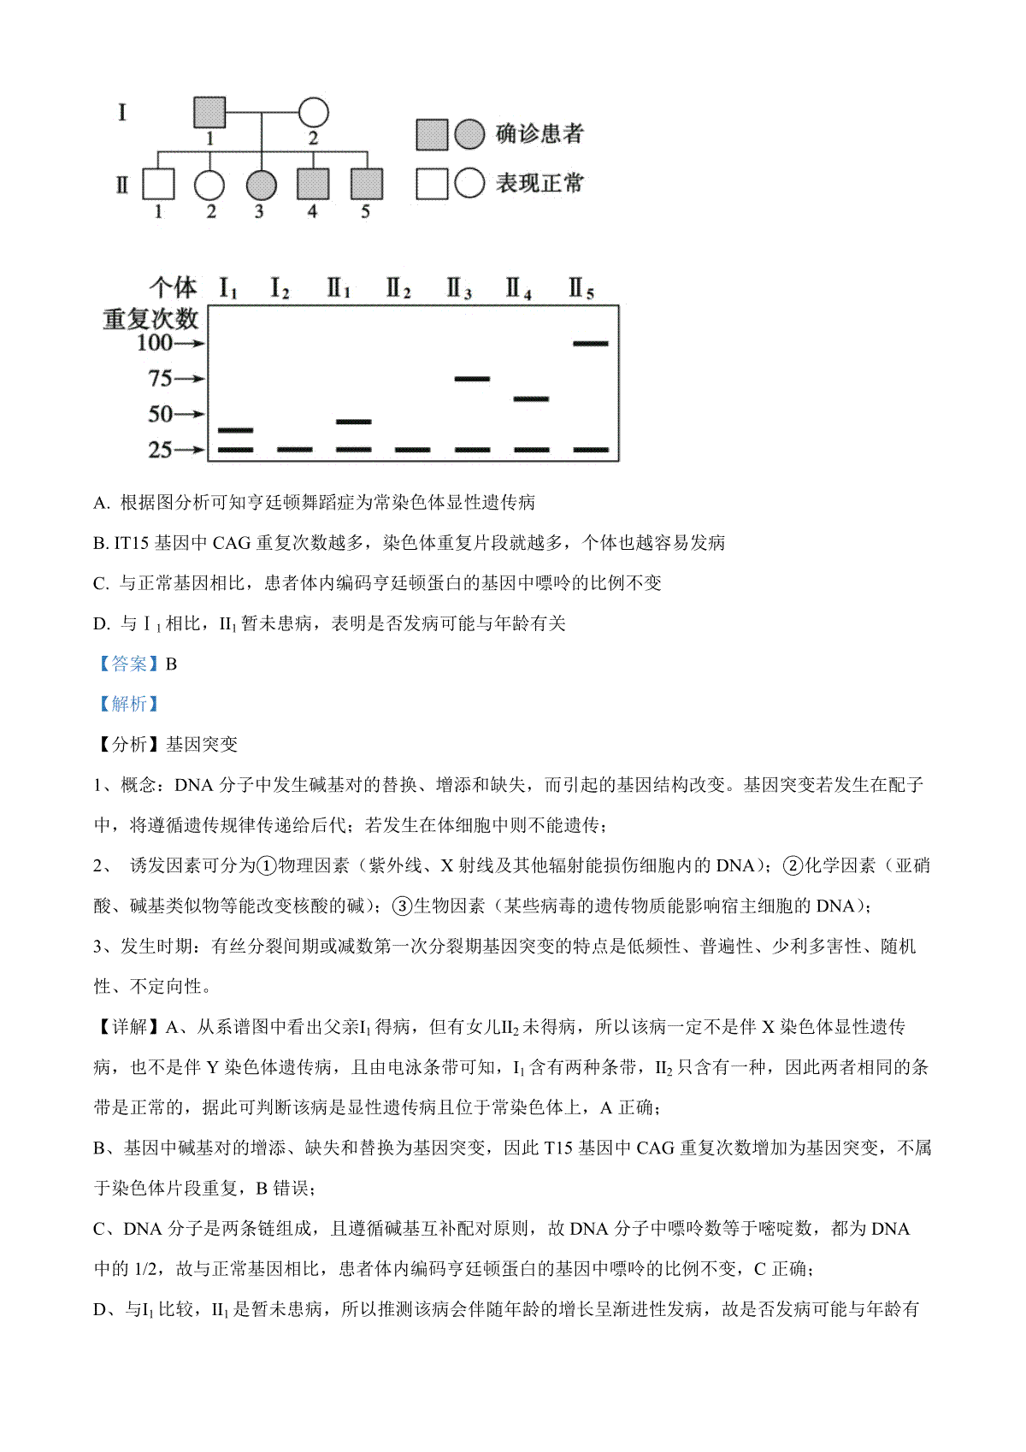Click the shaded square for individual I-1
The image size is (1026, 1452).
[209, 112]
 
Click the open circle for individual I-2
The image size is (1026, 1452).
[313, 112]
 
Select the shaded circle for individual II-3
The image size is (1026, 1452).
[261, 184]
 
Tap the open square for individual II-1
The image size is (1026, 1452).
[158, 184]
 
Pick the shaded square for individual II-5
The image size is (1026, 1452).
[367, 184]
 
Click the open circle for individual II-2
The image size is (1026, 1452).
[209, 184]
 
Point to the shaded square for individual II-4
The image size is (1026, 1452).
[313, 184]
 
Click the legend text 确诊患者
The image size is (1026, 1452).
[540, 134]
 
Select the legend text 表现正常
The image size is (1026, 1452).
[540, 183]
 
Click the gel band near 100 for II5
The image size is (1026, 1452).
[591, 344]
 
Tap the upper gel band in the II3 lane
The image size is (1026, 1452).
[472, 379]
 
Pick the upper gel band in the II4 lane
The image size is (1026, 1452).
[531, 398]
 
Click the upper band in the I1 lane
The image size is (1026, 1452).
[236, 430]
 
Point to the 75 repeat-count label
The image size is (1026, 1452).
[160, 379]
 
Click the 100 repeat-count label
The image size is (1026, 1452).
[155, 343]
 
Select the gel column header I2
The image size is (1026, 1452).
[280, 288]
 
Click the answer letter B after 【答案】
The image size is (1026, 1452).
[171, 664]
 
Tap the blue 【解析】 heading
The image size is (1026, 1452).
[129, 704]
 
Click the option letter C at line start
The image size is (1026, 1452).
[99, 583]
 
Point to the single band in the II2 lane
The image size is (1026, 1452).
[413, 450]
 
